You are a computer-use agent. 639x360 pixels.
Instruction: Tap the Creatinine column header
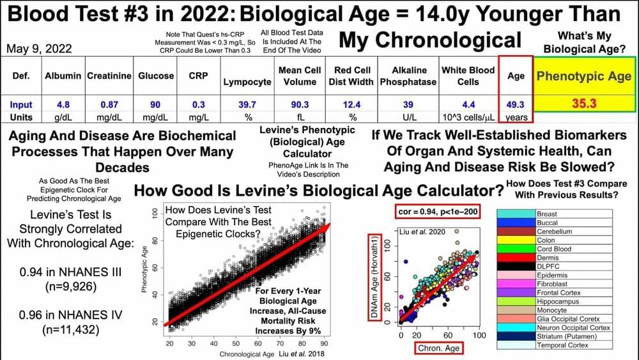[111, 75]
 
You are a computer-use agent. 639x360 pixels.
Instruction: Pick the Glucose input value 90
[156, 104]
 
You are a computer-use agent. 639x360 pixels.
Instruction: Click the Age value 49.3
[516, 104]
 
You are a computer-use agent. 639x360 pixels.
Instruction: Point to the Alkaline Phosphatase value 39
[408, 104]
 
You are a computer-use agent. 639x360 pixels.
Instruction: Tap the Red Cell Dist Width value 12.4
[350, 104]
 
